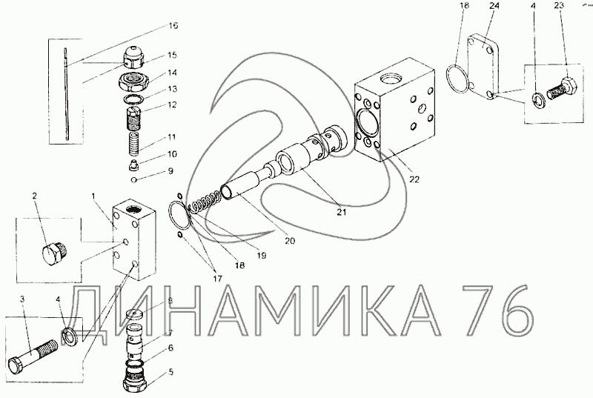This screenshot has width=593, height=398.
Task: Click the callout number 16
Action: pos(173,26)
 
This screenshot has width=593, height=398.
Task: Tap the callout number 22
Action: pos(414,179)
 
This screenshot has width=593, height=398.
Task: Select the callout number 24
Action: pos(494,6)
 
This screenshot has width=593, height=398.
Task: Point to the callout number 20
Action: pos(290,241)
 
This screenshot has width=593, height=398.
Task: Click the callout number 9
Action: pos(170,171)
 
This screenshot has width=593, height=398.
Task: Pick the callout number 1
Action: pos(94,196)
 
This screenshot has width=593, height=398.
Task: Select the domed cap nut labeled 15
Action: pos(133,58)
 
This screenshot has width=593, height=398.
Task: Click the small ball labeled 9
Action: pos(133,180)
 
